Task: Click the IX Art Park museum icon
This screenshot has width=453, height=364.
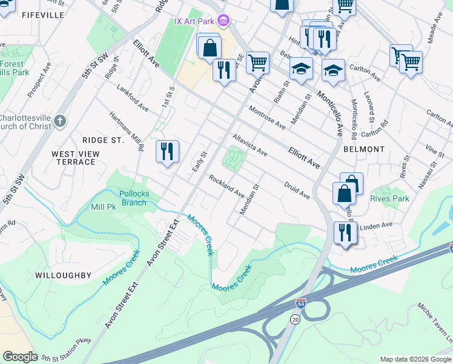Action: coord(224,21)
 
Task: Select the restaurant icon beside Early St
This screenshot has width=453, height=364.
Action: coord(168,150)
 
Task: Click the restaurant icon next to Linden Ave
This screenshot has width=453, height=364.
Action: coord(345,232)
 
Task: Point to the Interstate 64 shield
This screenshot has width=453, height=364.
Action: coord(301,303)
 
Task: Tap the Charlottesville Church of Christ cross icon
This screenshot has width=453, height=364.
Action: coord(59,121)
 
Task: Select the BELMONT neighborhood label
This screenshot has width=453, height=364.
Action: coord(364,149)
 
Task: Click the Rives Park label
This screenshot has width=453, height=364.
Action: coord(390,198)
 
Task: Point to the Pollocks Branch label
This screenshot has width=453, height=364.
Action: coord(134,198)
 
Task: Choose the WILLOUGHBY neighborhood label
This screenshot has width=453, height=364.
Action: coord(63,275)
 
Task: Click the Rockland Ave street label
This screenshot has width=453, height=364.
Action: coord(226,186)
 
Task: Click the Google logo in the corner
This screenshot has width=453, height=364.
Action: coord(20,357)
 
